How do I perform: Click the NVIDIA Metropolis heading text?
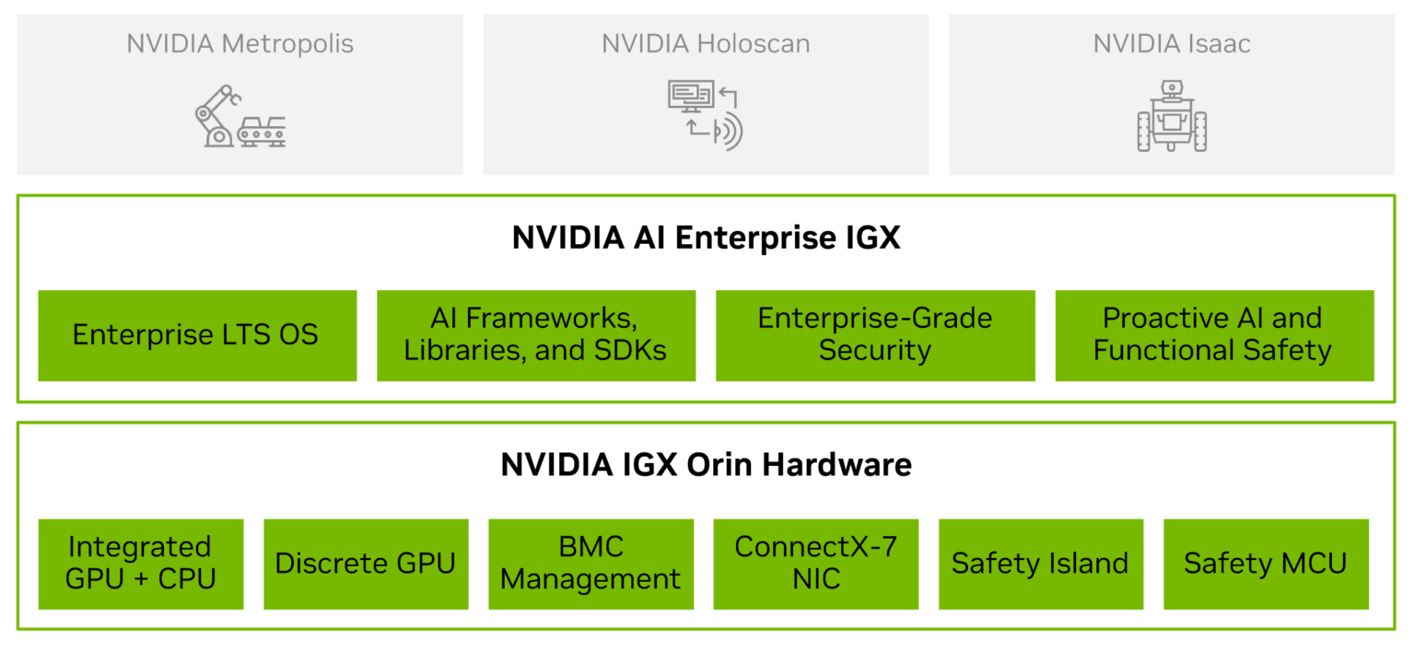point(240,43)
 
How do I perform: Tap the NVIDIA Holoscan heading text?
point(706,43)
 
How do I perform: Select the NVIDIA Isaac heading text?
point(1172,43)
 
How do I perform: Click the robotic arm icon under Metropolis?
point(216,116)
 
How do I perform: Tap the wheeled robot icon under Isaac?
point(1172,117)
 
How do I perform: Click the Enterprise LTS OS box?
point(196,335)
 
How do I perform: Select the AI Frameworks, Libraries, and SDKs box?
point(535,335)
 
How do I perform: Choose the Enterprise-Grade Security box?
point(875,335)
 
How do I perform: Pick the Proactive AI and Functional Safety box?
point(1214,335)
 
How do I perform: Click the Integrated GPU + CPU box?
point(141,564)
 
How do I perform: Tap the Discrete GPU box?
point(366,564)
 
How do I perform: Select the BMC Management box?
point(591,564)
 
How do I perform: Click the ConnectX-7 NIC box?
point(815,564)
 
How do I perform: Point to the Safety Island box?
point(1040,564)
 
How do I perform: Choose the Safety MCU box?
point(1266,564)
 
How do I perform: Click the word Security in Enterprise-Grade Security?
point(875,351)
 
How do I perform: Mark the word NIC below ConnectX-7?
point(815,579)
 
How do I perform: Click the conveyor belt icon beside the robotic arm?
point(262,131)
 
